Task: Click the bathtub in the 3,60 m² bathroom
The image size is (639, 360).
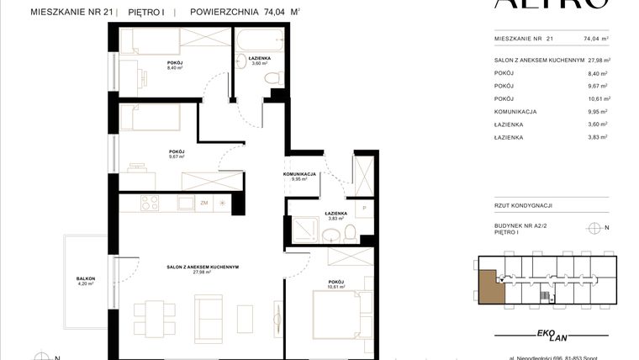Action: pos(261,40)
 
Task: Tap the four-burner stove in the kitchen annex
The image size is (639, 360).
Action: pos(150,203)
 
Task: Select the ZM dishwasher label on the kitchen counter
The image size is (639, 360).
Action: pos(203,203)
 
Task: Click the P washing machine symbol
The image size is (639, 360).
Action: pos(363,208)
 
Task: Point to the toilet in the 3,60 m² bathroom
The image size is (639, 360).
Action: pos(272,77)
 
